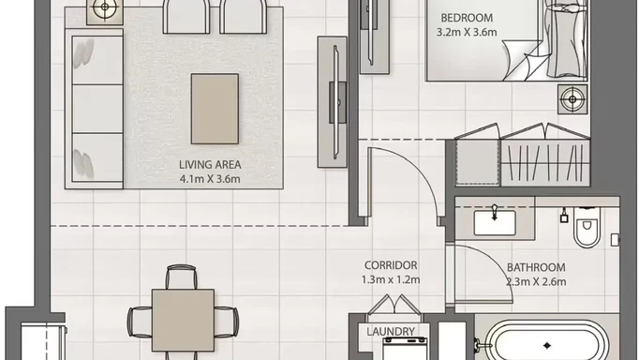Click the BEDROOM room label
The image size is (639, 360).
(x=467, y=18)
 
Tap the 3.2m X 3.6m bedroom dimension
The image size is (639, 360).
(x=467, y=32)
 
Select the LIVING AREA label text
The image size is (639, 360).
(x=210, y=165)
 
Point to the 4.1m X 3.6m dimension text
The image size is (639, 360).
(x=210, y=179)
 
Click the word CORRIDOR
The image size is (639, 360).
(x=391, y=265)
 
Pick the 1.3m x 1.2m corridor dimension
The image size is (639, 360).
(x=391, y=279)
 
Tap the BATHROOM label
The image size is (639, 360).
(x=536, y=267)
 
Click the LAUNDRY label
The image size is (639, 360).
(x=391, y=332)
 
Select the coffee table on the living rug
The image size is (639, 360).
(x=215, y=109)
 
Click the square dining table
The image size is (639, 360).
(x=183, y=321)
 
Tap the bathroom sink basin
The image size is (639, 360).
(x=495, y=222)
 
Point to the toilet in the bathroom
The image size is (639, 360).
(x=587, y=228)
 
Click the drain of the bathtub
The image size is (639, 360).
(x=547, y=346)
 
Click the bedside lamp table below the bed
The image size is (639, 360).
(x=572, y=99)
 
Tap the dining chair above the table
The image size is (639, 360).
(x=182, y=277)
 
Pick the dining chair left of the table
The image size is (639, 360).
(x=140, y=322)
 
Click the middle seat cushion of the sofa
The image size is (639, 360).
(x=97, y=109)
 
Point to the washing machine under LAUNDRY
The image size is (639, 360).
(x=405, y=349)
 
